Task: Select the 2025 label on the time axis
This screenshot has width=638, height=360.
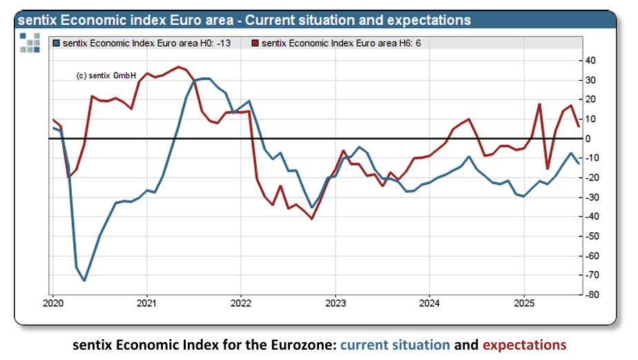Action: tap(523, 303)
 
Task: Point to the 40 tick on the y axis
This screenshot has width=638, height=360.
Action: tap(590, 61)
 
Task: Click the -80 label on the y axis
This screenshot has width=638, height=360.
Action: tap(592, 295)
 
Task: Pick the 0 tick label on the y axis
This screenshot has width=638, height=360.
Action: tap(588, 139)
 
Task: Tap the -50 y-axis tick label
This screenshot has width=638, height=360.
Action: tap(592, 236)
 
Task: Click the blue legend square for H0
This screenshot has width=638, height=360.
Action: tap(57, 44)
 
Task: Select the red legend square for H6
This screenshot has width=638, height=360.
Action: tap(255, 44)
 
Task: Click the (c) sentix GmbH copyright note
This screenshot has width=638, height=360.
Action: tap(106, 76)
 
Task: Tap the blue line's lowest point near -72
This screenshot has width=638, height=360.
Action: tap(84, 280)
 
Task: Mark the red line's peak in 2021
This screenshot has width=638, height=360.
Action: tap(179, 67)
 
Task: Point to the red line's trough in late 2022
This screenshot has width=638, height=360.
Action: tap(312, 219)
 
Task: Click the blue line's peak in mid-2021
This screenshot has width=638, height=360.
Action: tap(206, 78)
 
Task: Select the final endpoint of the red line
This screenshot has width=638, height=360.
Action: tap(579, 126)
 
